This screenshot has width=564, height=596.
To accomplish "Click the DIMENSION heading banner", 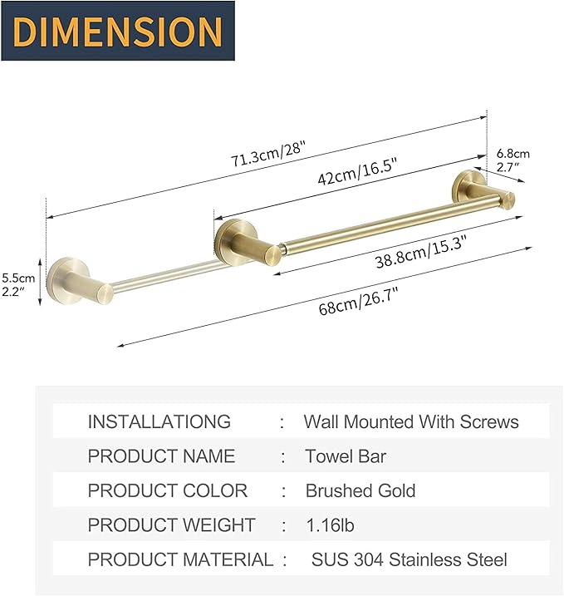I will point(117,31).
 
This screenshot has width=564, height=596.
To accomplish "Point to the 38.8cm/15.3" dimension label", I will point(422,252).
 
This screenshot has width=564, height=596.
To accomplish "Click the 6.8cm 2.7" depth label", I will point(513,160).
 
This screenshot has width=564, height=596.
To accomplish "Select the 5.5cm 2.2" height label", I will point(18,284).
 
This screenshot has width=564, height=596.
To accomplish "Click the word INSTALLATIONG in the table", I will point(159,421).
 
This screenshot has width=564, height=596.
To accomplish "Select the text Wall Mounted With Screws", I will point(410,421).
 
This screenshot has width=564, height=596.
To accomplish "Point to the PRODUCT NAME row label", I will point(161,456).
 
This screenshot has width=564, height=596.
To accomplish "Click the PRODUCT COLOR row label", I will point(167,490).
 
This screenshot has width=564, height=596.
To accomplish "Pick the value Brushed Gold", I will point(360,490).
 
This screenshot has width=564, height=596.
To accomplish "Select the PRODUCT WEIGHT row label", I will point(171,525).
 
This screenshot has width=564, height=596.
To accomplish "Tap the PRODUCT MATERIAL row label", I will point(180,560).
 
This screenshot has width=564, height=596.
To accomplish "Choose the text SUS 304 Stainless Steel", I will point(409,560).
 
